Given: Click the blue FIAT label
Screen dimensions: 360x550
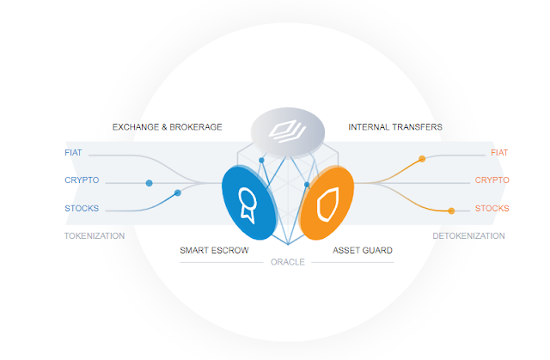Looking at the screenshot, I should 74,153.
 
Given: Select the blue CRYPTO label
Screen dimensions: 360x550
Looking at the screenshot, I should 82,180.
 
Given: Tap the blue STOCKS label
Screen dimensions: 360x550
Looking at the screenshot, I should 82,208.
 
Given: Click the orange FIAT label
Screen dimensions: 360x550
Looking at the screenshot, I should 498,153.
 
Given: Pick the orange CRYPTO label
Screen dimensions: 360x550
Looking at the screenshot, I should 492,180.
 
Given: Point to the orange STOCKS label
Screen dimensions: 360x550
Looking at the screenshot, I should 492,208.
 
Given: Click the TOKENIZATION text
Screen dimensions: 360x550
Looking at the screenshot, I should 95,235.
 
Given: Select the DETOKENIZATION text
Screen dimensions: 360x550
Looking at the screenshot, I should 467,235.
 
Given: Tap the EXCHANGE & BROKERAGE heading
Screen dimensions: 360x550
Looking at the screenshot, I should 167,127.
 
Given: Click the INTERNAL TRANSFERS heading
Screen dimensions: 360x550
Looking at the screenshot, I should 395,127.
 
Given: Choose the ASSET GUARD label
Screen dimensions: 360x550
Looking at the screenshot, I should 363,251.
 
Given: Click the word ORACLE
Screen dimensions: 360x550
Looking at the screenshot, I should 287,262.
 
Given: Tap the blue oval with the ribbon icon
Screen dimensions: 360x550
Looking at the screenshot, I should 249,203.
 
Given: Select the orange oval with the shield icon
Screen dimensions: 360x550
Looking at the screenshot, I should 326,204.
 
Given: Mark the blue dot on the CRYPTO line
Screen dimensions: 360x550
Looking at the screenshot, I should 150,183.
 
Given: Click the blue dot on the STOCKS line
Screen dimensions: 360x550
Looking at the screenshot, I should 178,193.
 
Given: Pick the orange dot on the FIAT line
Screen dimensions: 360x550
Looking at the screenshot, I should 421,159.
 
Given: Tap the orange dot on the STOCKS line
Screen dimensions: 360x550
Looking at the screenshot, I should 451,211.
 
